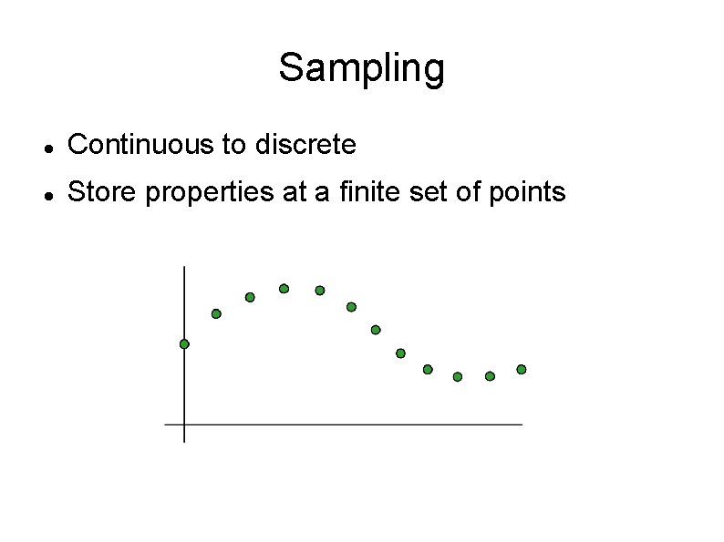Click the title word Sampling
[361, 68]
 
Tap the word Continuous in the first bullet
[140, 144]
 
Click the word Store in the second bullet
[98, 192]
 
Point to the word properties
[196, 193]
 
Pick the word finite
[357, 192]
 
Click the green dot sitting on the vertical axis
[184, 344]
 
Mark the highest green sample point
[284, 289]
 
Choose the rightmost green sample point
[522, 369]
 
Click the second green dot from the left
[216, 313]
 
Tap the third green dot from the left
[250, 297]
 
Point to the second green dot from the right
[490, 376]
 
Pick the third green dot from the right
[458, 376]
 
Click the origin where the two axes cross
[184, 424]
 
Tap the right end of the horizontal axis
[522, 424]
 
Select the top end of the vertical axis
[184, 268]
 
